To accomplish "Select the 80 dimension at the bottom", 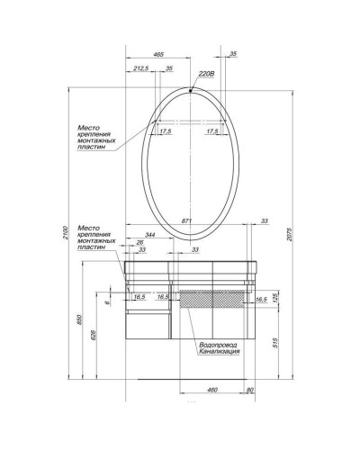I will [x=250, y=390].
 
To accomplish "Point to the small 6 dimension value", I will [x=106, y=303].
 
